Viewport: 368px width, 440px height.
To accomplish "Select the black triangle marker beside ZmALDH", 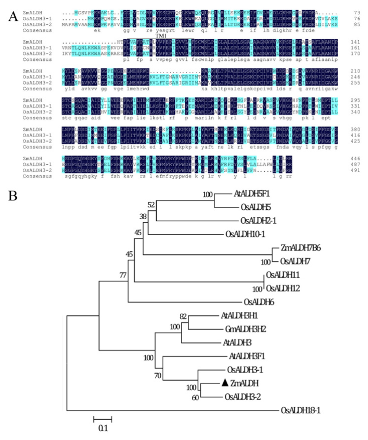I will tap(225, 383).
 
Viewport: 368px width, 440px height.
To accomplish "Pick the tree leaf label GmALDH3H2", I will tap(249, 328).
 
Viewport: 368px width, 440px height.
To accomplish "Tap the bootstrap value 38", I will tap(142, 216).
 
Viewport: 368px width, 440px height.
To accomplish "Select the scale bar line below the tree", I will tap(103, 419).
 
